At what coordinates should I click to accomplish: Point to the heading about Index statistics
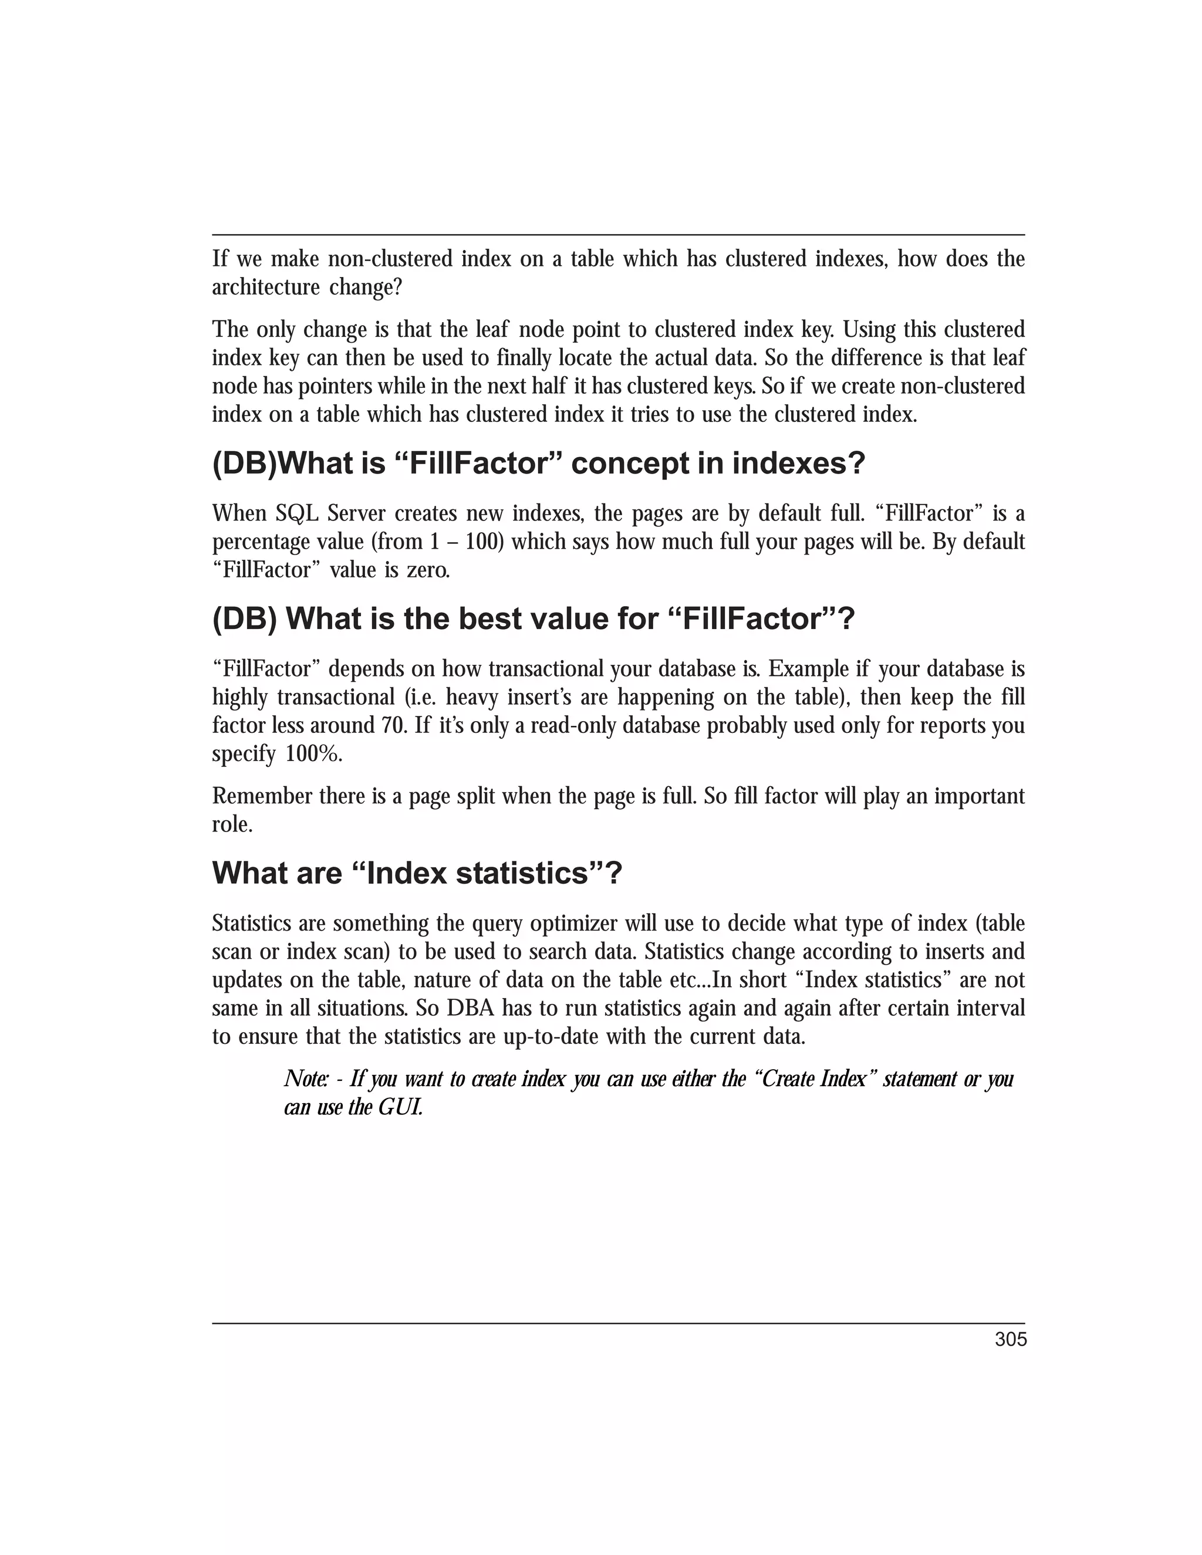click(417, 874)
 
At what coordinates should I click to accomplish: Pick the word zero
click(428, 570)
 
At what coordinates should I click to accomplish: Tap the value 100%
click(314, 754)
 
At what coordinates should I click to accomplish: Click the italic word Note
click(306, 1079)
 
